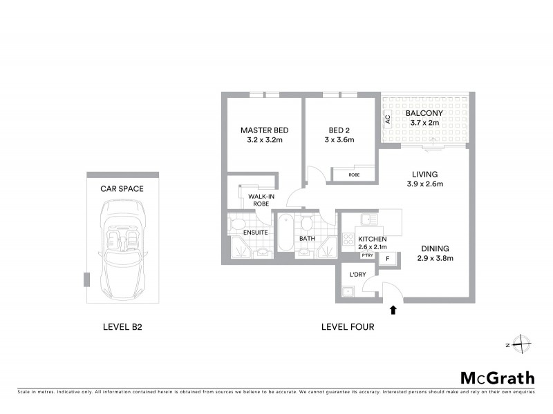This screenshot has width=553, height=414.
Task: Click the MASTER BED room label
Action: (264, 130)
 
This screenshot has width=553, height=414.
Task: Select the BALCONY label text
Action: (424, 113)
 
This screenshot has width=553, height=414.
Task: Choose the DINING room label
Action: (434, 248)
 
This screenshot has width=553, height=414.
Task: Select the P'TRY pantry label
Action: (367, 256)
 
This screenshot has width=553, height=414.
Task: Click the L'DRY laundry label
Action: (357, 275)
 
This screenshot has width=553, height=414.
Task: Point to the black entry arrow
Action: (393, 310)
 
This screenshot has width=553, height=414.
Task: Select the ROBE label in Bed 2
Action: (354, 175)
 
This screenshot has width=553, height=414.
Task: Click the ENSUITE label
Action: (256, 233)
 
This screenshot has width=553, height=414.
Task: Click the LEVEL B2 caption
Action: (122, 327)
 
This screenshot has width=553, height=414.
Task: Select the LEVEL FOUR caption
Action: (348, 327)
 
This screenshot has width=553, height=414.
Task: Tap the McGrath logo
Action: (497, 377)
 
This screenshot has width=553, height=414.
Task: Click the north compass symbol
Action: (521, 344)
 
